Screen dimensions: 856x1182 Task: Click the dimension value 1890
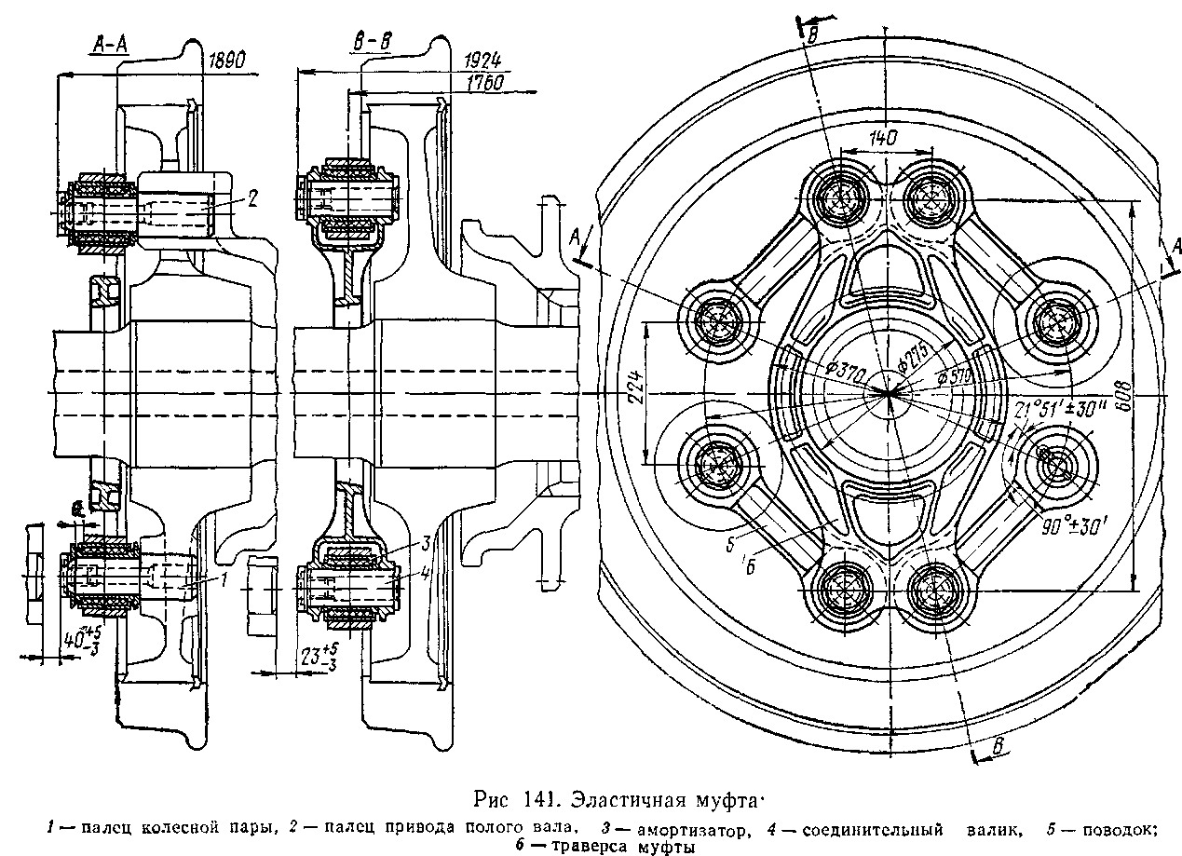(226, 61)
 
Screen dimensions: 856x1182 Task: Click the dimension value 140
(883, 138)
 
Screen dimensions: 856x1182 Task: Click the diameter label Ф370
(844, 371)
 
